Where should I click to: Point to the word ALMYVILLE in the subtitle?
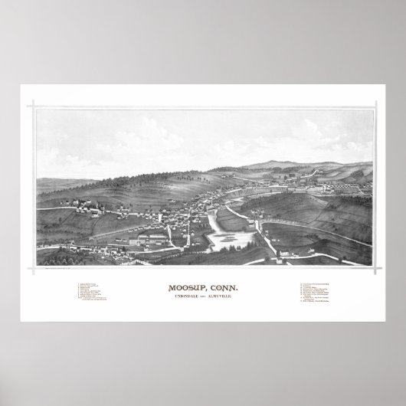[x=228, y=300]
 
